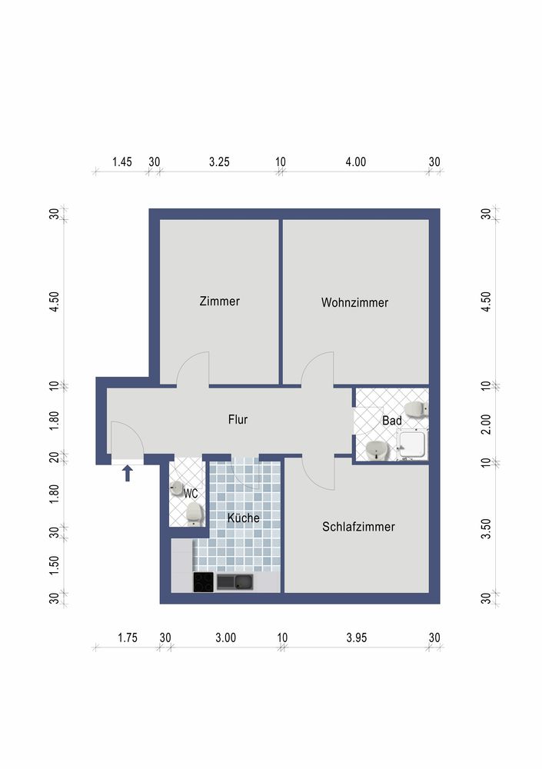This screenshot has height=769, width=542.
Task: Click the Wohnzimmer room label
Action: coord(354,302)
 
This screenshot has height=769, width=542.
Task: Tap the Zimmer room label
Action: coord(219,301)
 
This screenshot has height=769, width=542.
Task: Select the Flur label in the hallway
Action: coord(238,419)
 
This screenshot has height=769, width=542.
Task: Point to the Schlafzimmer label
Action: coord(358,527)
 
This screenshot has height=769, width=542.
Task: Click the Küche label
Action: coord(243,518)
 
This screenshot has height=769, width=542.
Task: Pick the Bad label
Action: coord(392,421)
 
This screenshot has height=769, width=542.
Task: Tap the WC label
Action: coord(191,494)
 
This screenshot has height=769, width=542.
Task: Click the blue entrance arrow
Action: coord(128,473)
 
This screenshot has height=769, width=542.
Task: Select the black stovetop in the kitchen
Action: coord(204,582)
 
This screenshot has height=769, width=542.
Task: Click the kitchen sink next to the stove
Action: coord(235,582)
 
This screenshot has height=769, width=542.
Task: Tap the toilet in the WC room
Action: coord(195,514)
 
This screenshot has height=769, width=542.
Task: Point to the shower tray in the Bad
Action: coord(412,444)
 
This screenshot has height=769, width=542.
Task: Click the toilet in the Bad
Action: coord(416,408)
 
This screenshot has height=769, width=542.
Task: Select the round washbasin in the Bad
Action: coord(377,450)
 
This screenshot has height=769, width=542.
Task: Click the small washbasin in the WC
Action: coord(176,488)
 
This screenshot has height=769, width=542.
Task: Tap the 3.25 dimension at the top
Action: coord(219,161)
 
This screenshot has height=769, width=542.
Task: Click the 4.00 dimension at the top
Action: coord(356,161)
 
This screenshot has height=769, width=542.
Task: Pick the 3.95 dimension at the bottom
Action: coord(357,638)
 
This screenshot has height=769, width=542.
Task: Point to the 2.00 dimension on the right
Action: coord(486,424)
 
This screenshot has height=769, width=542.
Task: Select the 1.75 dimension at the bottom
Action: coord(128,638)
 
